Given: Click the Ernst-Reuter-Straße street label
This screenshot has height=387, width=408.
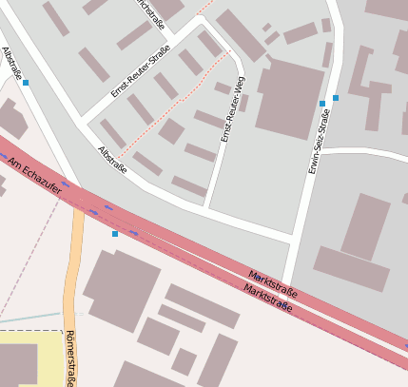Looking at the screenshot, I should click(140, 70).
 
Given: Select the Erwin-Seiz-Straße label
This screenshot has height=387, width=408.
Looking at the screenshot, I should click(319, 141).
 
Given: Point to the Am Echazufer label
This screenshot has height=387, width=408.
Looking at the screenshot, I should click(34, 177).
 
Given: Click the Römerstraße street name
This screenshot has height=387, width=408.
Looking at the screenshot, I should click(70, 358).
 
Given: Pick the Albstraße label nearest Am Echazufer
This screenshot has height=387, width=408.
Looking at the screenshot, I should click(112, 160).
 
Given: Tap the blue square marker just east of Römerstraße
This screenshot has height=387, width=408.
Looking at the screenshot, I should click(115, 233).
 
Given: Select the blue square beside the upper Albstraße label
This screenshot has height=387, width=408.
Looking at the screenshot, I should click(26, 83).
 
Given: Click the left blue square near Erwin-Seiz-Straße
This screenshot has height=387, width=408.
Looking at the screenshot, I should click(322, 103).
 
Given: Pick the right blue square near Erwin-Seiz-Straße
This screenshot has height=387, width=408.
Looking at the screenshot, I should click(336, 97).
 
